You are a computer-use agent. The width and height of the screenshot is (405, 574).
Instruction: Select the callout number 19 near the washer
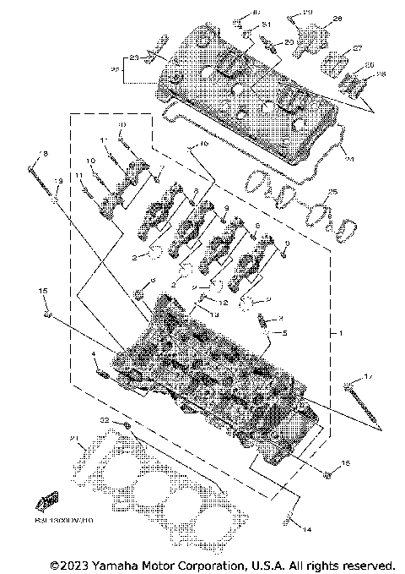pos(58,182)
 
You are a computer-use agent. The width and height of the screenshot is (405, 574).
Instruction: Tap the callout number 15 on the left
pos(42,290)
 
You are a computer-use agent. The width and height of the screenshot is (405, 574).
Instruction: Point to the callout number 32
pos(105,420)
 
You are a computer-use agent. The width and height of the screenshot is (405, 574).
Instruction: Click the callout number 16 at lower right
pos(344,464)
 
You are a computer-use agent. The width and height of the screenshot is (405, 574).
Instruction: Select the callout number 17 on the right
pos(366,374)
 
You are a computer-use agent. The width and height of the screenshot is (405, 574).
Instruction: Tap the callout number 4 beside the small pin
pos(93,354)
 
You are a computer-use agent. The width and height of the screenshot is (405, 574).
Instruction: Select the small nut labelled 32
pos(125,425)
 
